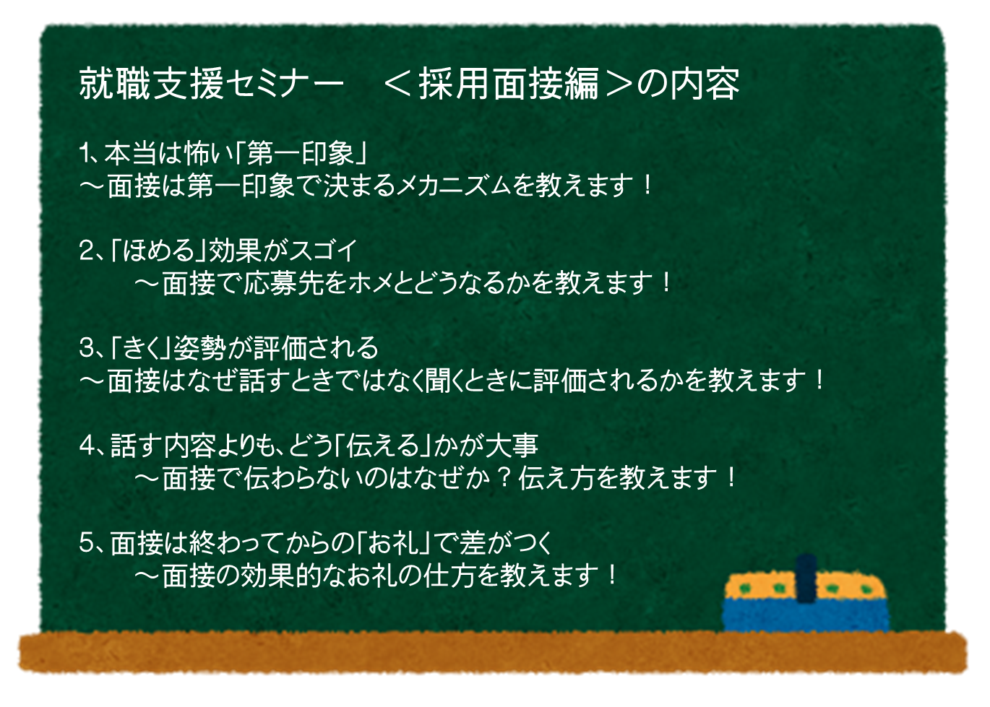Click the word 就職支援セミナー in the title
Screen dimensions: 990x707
click(211, 84)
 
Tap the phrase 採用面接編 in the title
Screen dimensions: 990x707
click(508, 84)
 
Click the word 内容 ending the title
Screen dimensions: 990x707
click(705, 84)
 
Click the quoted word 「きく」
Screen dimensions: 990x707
click(142, 348)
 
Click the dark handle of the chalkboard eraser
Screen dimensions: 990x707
click(806, 579)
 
